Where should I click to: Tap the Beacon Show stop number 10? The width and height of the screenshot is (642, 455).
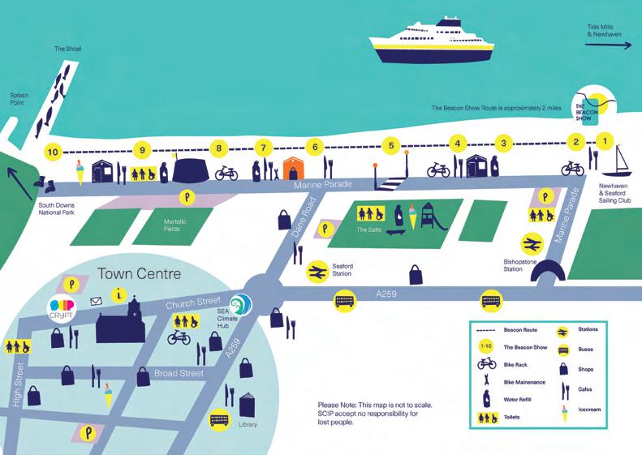(x=53, y=151)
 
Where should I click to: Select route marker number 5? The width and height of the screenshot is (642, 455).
(x=391, y=146)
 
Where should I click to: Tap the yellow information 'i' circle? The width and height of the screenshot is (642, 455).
(x=121, y=294)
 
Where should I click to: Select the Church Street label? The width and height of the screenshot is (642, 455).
(x=192, y=305)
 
